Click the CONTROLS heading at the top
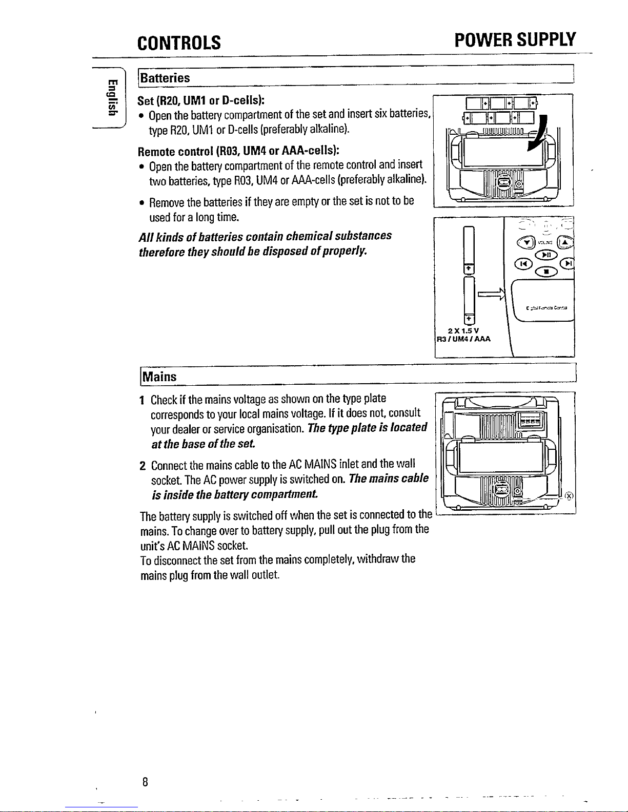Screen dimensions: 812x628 pyautogui.click(x=179, y=42)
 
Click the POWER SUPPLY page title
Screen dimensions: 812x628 pyautogui.click(x=515, y=40)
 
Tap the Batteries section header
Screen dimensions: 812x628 pyautogui.click(x=166, y=78)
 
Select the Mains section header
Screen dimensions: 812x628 pyautogui.click(x=159, y=377)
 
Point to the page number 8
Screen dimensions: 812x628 pyautogui.click(x=146, y=782)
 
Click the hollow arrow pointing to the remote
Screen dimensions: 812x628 pyautogui.click(x=491, y=295)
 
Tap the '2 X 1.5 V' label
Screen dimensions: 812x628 pyautogui.click(x=463, y=330)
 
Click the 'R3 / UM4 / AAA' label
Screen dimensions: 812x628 pyautogui.click(x=463, y=339)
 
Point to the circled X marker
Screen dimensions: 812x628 pyautogui.click(x=569, y=495)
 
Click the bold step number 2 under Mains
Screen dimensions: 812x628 pyautogui.click(x=143, y=466)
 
